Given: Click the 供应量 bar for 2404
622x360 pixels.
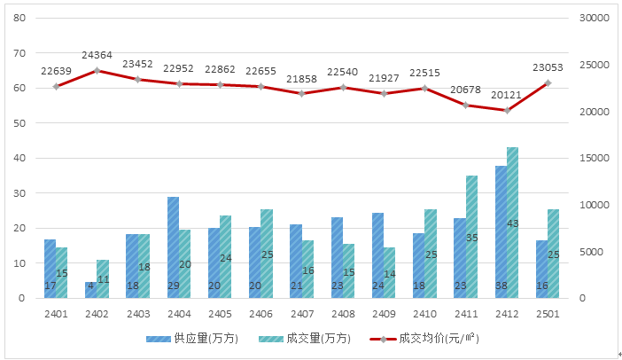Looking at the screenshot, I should tap(174, 247).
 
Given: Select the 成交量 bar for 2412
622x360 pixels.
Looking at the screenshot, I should tap(512, 223).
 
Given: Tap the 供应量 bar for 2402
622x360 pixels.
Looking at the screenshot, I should tap(90, 290).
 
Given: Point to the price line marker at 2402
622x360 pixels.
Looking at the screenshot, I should tap(97, 70).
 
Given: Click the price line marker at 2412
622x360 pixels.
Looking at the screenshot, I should tap(507, 110).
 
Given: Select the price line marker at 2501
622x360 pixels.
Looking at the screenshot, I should tap(548, 83).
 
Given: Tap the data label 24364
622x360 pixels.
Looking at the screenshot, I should tap(97, 55).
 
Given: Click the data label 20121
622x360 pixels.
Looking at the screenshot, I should tap(507, 95).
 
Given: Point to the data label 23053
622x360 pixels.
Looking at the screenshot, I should tap(548, 67).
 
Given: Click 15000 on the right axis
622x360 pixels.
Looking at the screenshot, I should tap(594, 158).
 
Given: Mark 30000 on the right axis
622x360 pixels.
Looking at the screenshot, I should tap(594, 18).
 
